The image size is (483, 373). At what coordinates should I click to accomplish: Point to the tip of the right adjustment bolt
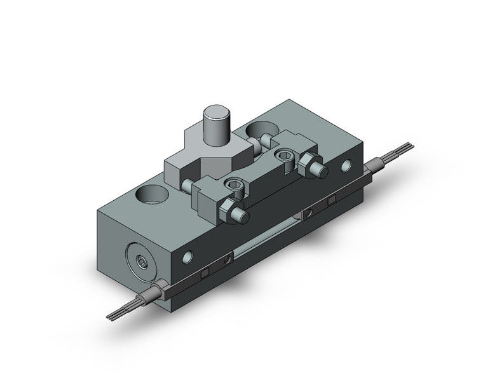coord(322,171)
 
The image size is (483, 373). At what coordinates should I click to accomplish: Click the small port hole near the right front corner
coord(346,167)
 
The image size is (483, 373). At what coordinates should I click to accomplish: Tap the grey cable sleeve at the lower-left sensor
coord(154,294)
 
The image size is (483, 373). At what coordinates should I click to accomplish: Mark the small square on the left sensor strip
coord(205,273)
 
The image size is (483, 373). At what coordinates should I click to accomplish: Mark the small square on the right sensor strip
coord(330,201)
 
